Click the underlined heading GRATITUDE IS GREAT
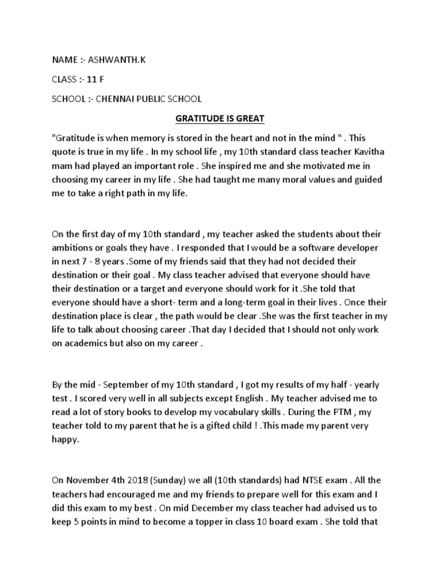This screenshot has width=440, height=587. pos(219,119)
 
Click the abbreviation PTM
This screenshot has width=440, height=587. pos(360,412)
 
